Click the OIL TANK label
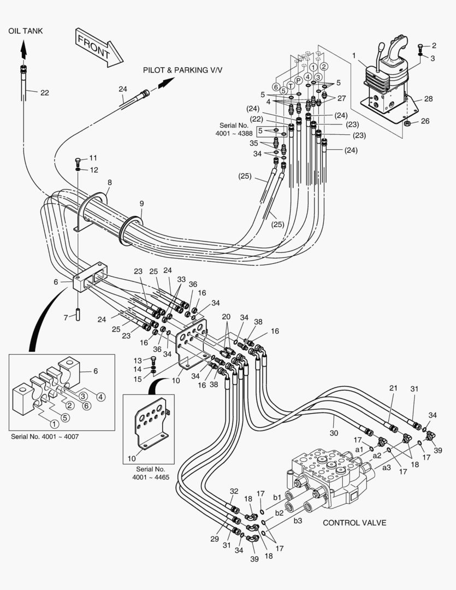tap(25, 31)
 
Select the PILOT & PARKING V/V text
tap(183, 70)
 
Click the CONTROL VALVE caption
tap(354, 523)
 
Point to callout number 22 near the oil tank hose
tap(44, 93)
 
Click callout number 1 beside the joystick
tap(354, 55)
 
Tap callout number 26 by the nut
tap(425, 121)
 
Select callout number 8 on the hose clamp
tap(109, 182)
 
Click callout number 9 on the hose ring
tap(141, 204)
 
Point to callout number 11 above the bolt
tap(93, 158)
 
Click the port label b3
tap(298, 521)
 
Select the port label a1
tap(359, 449)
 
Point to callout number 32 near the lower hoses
tap(234, 491)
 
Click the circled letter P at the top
tap(299, 81)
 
